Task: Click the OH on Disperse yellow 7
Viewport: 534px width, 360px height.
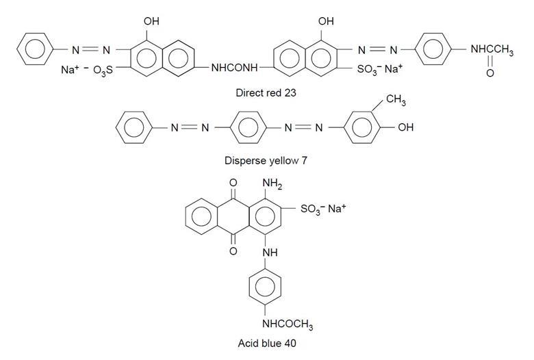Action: [405, 128]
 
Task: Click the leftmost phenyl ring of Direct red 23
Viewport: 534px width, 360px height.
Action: [32, 50]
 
